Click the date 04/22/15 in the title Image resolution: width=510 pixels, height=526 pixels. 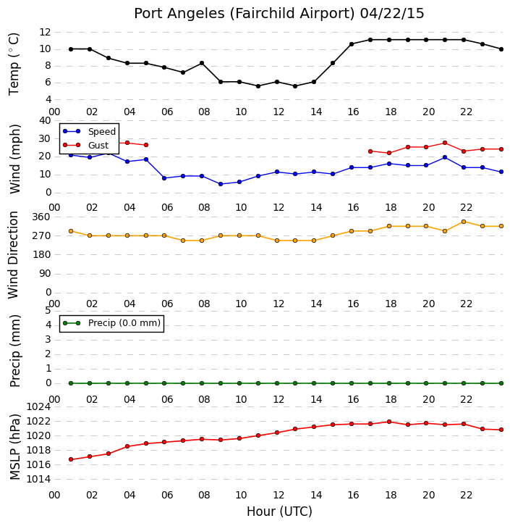392,14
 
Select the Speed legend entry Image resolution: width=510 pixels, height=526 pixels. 90,132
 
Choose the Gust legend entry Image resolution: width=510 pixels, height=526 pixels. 86,145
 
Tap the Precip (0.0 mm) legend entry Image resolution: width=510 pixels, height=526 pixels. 112,323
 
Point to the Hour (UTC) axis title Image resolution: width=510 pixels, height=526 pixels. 279,512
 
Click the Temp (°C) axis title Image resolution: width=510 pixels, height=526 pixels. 14,64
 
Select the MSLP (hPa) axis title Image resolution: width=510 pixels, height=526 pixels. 15,447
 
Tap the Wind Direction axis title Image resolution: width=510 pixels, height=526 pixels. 13,255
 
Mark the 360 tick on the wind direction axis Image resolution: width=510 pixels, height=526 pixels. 41,217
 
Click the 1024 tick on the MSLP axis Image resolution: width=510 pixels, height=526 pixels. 39,407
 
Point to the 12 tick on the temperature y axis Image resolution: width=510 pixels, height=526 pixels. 45,32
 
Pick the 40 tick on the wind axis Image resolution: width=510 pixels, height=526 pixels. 45,120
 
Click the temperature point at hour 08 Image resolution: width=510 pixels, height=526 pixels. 202,63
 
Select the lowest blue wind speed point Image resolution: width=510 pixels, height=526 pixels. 221,184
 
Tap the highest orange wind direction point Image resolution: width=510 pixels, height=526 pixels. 464,222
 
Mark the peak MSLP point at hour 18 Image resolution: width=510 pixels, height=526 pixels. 388,422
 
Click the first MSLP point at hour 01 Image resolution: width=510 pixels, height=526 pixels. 71,459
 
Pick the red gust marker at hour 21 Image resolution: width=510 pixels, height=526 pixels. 445,143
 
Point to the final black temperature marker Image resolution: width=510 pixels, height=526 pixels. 501,49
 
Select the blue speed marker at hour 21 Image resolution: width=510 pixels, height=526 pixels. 445,157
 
